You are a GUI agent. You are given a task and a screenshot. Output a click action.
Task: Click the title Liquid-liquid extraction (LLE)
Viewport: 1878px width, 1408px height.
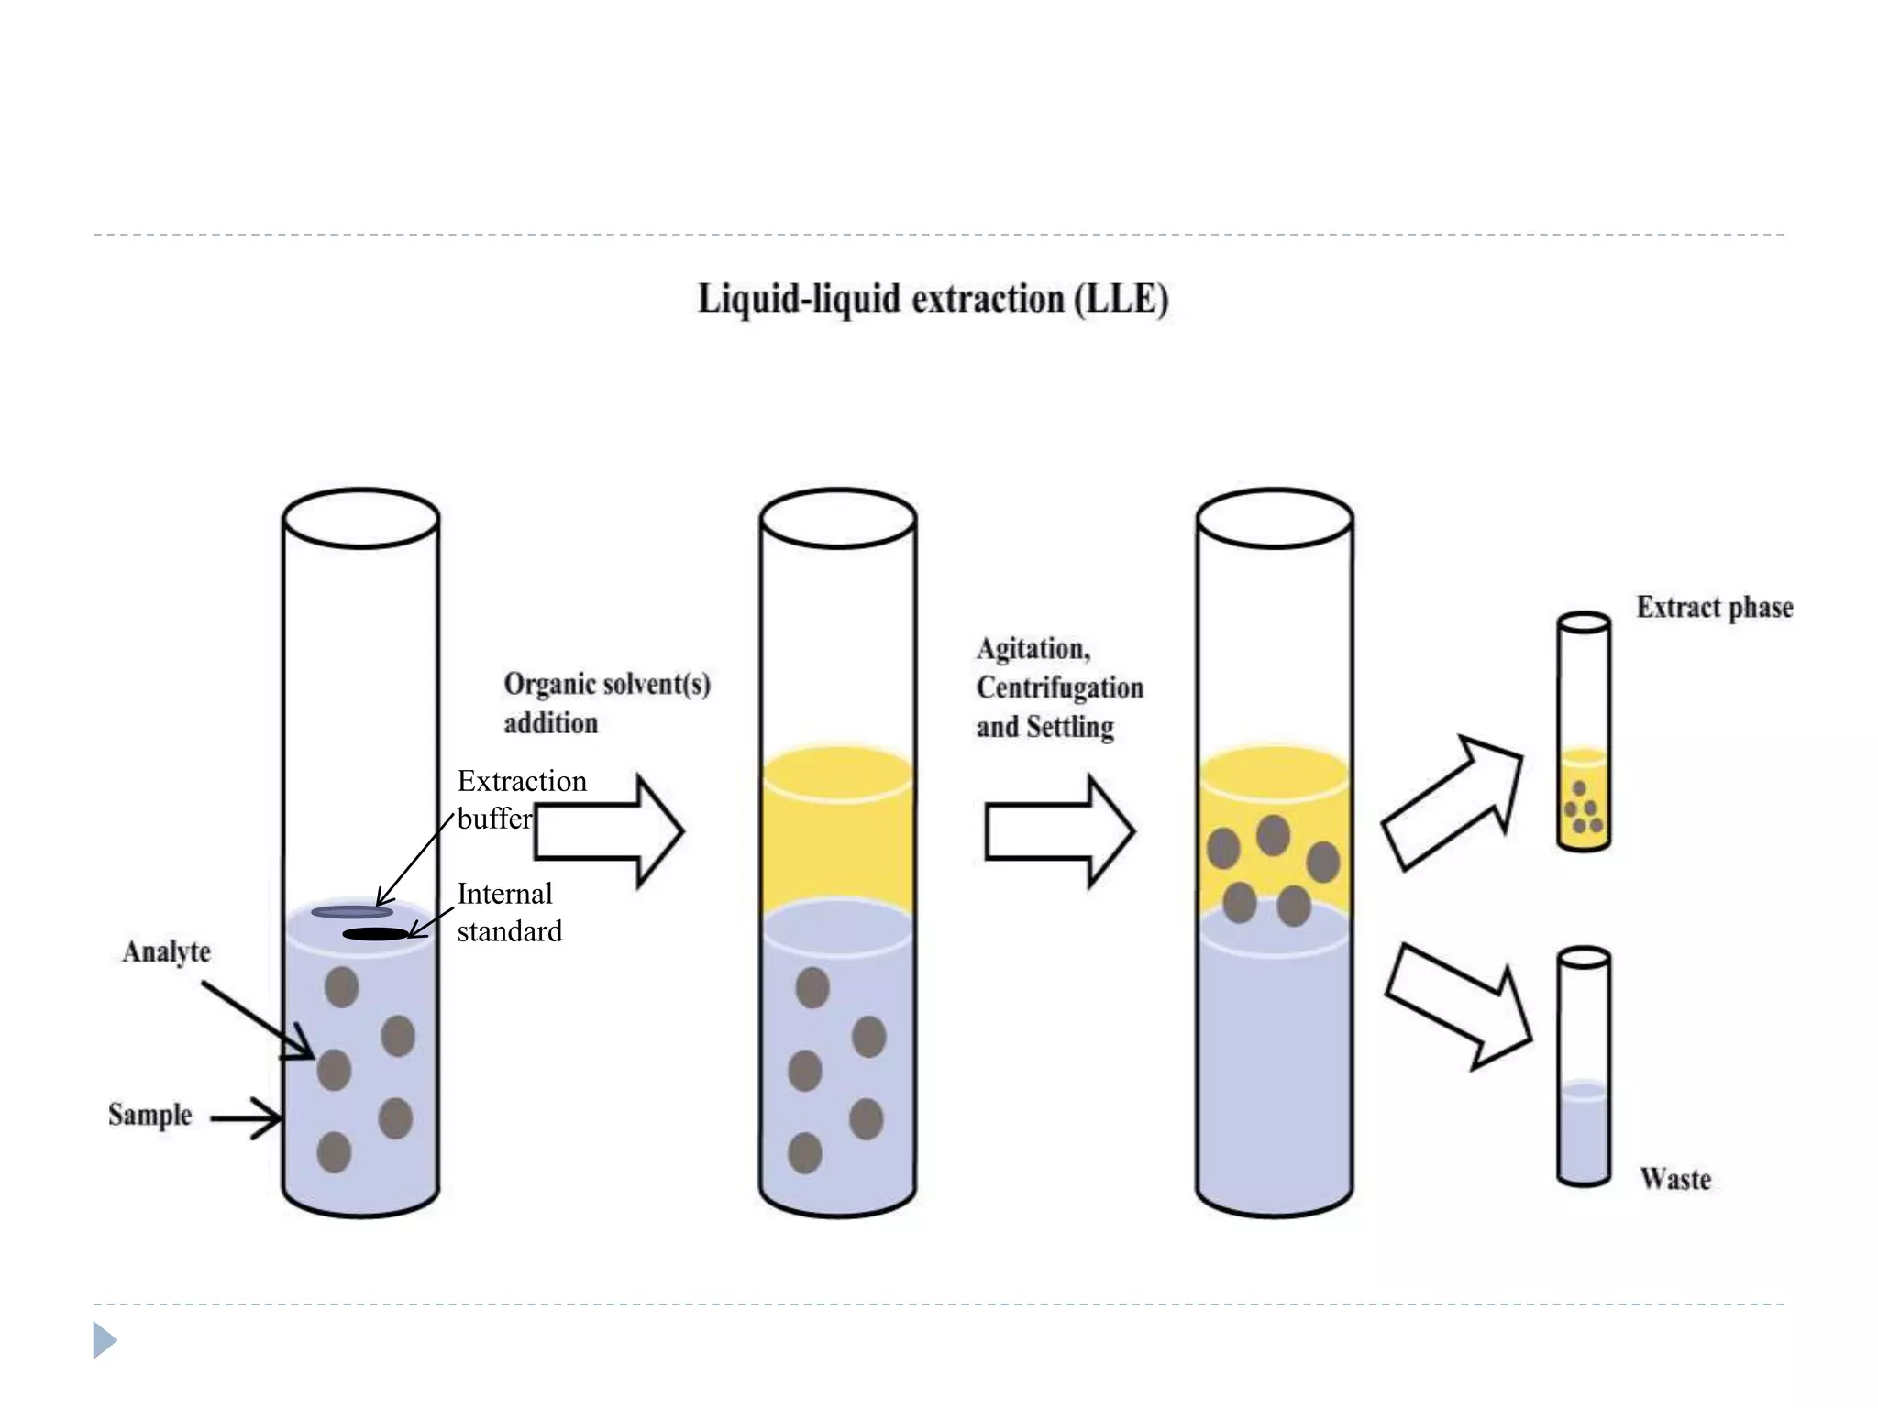point(933,300)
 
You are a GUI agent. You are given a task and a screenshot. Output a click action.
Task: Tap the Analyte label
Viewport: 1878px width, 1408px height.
point(166,951)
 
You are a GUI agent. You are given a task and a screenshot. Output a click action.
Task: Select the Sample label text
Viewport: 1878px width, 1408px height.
point(149,1115)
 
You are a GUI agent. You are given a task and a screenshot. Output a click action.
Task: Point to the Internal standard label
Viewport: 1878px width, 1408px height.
point(509,912)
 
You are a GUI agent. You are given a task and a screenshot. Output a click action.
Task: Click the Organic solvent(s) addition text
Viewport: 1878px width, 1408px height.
point(606,703)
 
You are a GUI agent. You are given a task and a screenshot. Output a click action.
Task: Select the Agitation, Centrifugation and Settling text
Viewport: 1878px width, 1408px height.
point(1058,687)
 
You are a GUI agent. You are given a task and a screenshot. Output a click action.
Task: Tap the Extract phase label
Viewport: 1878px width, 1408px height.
point(1714,608)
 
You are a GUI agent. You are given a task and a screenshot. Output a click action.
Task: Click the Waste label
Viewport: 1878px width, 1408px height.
point(1674,1179)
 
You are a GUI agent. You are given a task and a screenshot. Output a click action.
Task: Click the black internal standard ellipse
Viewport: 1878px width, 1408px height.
point(375,934)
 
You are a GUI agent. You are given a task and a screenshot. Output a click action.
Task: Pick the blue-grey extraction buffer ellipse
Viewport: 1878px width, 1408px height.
point(352,912)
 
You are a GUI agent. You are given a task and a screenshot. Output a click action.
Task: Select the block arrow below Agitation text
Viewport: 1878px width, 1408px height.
point(1060,831)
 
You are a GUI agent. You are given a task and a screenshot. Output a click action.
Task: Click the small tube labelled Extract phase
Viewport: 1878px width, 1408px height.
point(1584,733)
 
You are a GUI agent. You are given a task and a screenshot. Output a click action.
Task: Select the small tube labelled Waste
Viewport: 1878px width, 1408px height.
point(1584,1068)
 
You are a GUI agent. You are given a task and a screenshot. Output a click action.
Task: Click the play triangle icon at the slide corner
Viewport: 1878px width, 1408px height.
point(104,1340)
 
